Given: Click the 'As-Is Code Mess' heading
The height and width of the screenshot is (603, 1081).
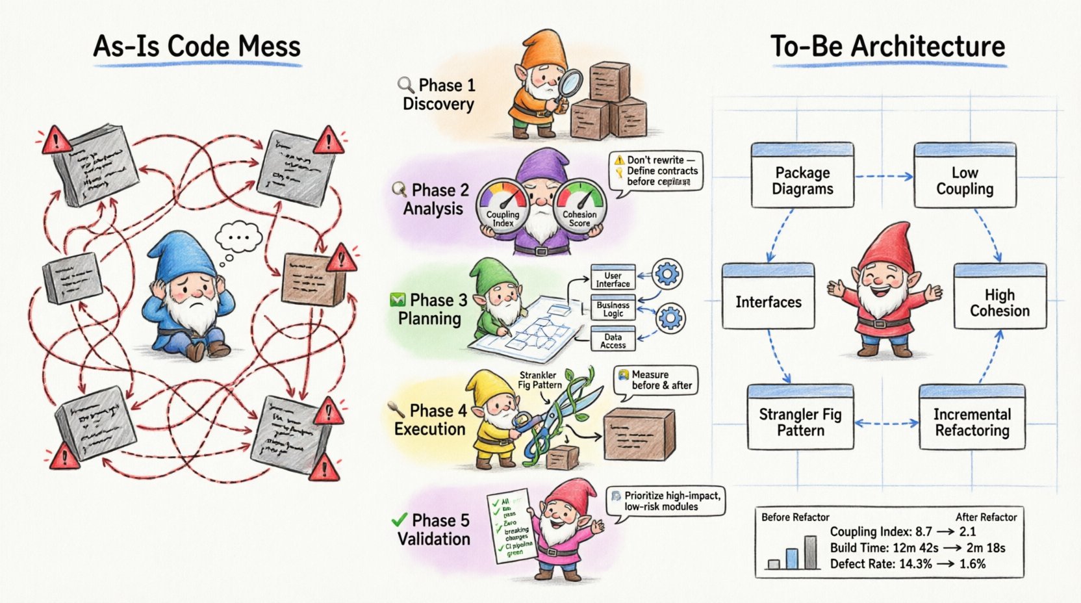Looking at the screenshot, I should tap(197, 47).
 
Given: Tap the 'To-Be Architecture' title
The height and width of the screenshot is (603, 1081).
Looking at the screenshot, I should tap(887, 47).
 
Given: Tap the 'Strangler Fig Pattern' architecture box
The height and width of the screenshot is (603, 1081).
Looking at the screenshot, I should tap(800, 418).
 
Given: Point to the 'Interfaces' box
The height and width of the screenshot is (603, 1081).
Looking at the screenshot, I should tap(768, 298).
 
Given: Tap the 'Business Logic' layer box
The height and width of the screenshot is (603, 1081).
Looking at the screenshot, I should tap(613, 308).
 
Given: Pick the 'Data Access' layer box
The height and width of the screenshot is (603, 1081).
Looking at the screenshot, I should tap(613, 340).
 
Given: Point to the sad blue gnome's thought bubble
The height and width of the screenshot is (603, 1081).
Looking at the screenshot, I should tap(238, 238).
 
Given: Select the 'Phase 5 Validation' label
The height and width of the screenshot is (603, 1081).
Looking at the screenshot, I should tap(433, 529).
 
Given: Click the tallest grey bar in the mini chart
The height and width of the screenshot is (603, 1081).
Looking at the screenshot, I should tap(810, 553).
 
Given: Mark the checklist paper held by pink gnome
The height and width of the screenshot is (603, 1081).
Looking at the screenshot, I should tap(511, 526).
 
